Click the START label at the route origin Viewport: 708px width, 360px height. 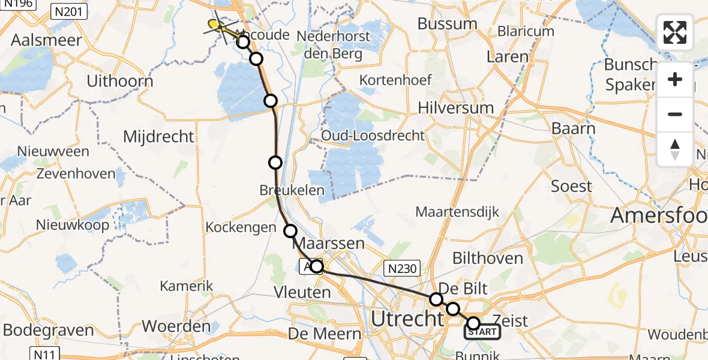click(x=483, y=332)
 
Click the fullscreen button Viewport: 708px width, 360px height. click(x=675, y=32)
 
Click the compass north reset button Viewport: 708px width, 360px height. click(x=675, y=149)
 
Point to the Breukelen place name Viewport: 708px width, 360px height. click(x=292, y=191)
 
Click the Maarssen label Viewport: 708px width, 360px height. click(x=336, y=244)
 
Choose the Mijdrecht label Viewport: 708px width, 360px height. click(x=158, y=136)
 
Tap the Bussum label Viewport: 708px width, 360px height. click(x=447, y=25)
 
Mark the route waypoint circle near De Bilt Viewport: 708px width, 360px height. click(x=436, y=299)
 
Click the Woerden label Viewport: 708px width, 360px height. click(x=172, y=327)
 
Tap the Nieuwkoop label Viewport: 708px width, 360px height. click(x=73, y=226)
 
